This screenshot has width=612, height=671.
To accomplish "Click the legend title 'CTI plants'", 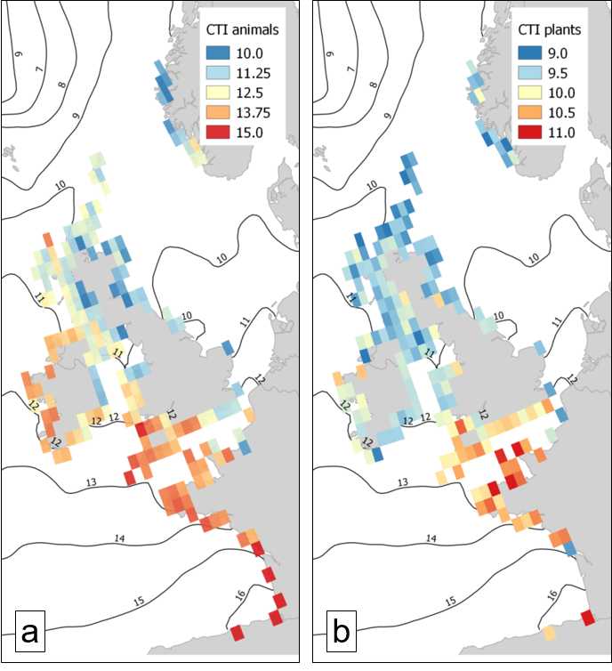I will click(x=551, y=29).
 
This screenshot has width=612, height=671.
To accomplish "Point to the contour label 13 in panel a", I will click(x=91, y=481).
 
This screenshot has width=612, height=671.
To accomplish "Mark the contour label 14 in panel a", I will click(x=119, y=538).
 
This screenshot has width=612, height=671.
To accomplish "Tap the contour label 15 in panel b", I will click(x=451, y=602).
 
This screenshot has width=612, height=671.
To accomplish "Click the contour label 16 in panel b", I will click(x=552, y=594).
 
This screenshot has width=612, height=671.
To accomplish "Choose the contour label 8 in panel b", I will click(x=372, y=86).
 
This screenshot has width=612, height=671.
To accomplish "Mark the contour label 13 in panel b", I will click(x=402, y=481).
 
